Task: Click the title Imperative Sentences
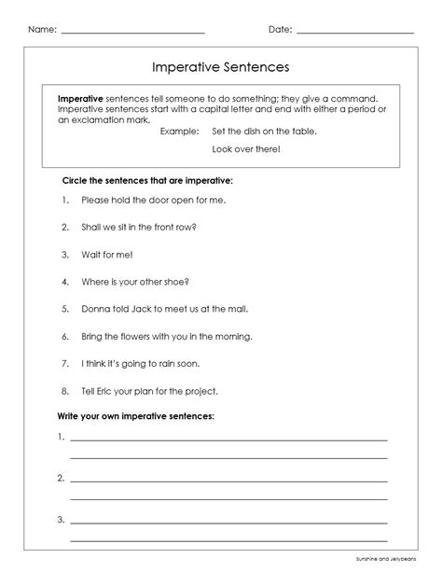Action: (x=221, y=67)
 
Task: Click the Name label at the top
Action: (x=42, y=30)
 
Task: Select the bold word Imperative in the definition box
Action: (x=80, y=98)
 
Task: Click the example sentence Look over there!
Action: (x=246, y=148)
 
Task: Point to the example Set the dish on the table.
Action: (x=264, y=131)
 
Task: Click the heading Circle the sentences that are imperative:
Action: (x=147, y=179)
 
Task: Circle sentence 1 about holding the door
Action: (x=154, y=200)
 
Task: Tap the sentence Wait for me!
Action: (x=107, y=254)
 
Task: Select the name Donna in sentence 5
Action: (x=98, y=308)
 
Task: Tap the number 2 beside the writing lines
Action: (x=60, y=479)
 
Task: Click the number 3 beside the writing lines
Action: (x=60, y=520)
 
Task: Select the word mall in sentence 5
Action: (x=237, y=308)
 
